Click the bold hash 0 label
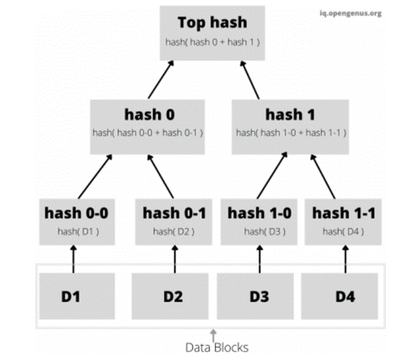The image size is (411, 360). (x=148, y=114)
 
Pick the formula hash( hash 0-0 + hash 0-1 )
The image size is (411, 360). (x=148, y=133)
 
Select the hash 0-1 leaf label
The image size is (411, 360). (x=174, y=212)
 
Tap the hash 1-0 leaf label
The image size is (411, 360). (x=259, y=212)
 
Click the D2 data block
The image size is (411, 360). (x=174, y=295)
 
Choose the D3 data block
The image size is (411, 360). (x=259, y=295)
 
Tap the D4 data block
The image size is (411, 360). (x=344, y=295)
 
